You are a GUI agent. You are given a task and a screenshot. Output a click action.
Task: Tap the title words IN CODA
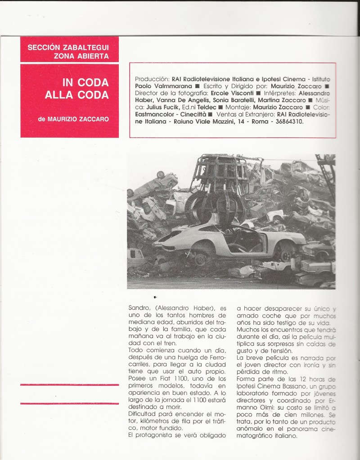[x=85, y=83]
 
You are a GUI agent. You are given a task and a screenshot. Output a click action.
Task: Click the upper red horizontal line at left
[x=69, y=385]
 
